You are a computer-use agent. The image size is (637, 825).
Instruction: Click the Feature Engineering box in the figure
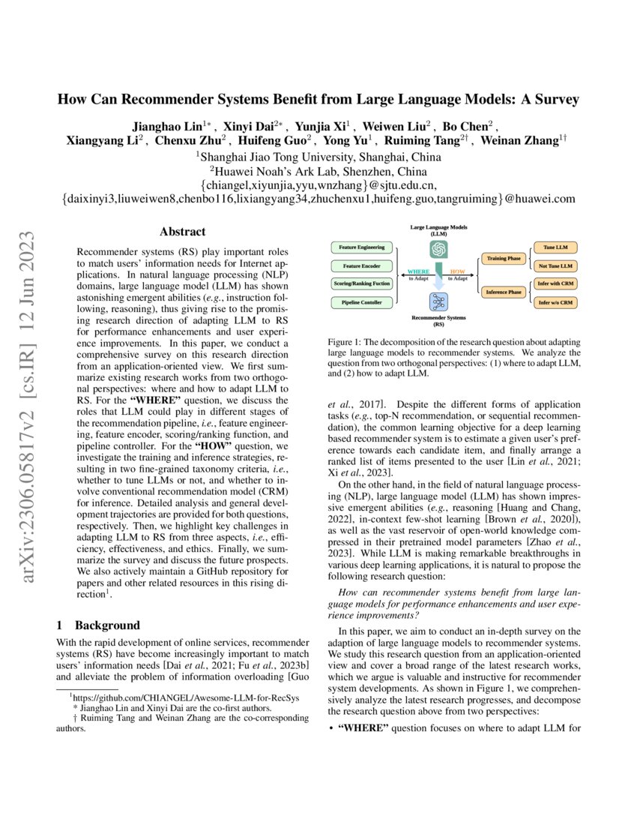click(x=361, y=247)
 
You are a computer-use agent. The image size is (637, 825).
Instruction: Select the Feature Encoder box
click(x=361, y=265)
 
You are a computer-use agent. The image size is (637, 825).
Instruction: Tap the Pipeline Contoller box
click(x=361, y=302)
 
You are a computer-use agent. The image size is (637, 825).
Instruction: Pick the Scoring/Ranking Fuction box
click(x=361, y=284)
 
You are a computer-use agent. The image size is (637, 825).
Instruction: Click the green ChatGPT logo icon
click(x=438, y=249)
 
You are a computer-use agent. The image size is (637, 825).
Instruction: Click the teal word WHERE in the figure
click(x=417, y=271)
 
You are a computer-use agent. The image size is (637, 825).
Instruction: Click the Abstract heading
click(x=184, y=232)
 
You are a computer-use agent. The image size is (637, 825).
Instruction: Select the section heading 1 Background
click(x=98, y=625)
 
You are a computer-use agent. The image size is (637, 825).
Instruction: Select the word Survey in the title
click(x=555, y=99)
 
